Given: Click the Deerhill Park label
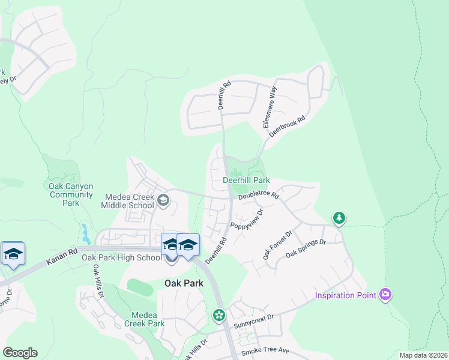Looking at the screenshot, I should tap(246, 180).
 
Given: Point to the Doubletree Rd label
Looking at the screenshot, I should tap(259, 196).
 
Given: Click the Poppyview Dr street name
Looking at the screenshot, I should tap(247, 223).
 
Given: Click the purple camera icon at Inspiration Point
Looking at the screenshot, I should tap(385, 295).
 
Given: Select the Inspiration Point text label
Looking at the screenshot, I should tap(346, 295).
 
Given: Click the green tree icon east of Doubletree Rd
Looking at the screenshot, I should tap(339, 218).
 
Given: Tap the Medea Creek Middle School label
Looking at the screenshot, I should tap(130, 201).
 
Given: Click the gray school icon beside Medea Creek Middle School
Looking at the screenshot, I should tap(163, 200).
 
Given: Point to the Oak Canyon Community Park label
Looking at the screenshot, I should tap(71, 194).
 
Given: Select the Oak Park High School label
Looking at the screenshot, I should tap(121, 257).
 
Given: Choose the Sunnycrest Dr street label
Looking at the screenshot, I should tap(255, 319).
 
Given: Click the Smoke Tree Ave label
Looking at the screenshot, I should tap(265, 350).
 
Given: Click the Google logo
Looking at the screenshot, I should tap(20, 353).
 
